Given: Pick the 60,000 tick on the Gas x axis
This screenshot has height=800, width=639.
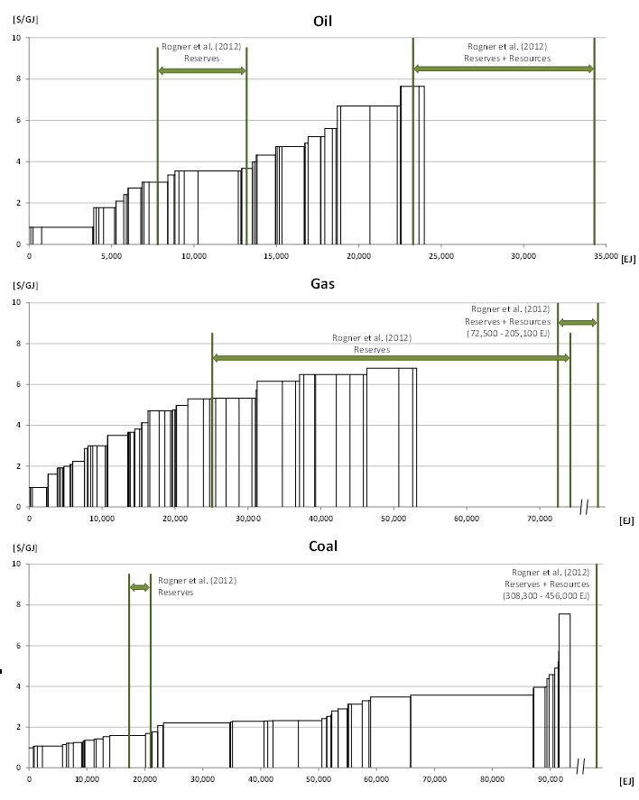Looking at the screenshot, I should click(x=466, y=520).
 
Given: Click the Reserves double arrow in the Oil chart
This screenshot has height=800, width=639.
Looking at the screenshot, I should click(x=201, y=70).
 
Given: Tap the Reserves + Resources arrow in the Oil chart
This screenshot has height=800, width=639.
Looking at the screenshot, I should click(x=503, y=69).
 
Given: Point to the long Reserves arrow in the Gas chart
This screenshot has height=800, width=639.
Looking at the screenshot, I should click(x=390, y=358).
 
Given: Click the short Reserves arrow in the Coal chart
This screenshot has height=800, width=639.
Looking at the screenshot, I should click(x=140, y=587).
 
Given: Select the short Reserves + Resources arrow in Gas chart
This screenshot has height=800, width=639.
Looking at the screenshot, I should click(x=578, y=322).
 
